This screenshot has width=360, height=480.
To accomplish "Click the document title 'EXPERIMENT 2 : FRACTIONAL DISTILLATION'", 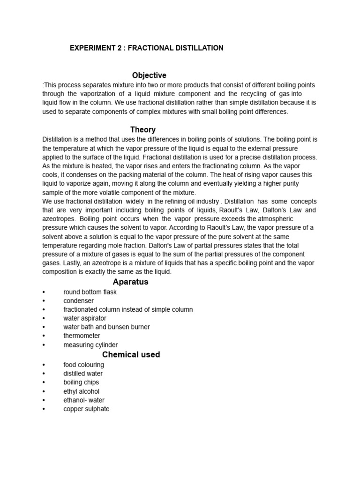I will coord(146,48).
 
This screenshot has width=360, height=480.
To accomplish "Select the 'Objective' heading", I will coord(149,75).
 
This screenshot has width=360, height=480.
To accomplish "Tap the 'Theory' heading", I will coord(142,130).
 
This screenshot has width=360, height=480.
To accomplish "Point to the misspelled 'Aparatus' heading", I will coord(130,282).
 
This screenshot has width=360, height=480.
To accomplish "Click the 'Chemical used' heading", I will coord(131,354).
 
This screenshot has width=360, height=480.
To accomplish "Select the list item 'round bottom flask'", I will coord(90,292).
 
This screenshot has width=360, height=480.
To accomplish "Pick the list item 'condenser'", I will coord(78,301).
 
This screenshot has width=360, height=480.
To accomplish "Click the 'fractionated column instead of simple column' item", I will coord(128,309).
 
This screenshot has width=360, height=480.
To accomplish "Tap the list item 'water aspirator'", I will coord(85,318).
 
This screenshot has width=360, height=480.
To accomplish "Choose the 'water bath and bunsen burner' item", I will coord(106,327).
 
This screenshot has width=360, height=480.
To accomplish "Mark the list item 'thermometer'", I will coord(82,336).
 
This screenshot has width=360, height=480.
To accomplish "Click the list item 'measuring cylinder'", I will coord(90,345).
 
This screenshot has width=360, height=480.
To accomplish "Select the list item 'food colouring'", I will coord(84,365).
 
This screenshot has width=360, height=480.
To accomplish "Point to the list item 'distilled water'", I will coord(83,374).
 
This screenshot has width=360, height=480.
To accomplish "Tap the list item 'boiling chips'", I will coord(81,382).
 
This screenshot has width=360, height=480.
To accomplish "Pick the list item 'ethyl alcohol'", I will coord(82,391).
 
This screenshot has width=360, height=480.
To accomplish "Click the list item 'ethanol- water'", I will coord(84,400).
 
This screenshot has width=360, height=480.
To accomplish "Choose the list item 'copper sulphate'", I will coord(86,409).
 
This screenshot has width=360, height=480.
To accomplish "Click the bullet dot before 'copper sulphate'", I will coord(44,409).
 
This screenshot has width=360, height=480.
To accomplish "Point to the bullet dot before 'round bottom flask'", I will coord(44,292).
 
